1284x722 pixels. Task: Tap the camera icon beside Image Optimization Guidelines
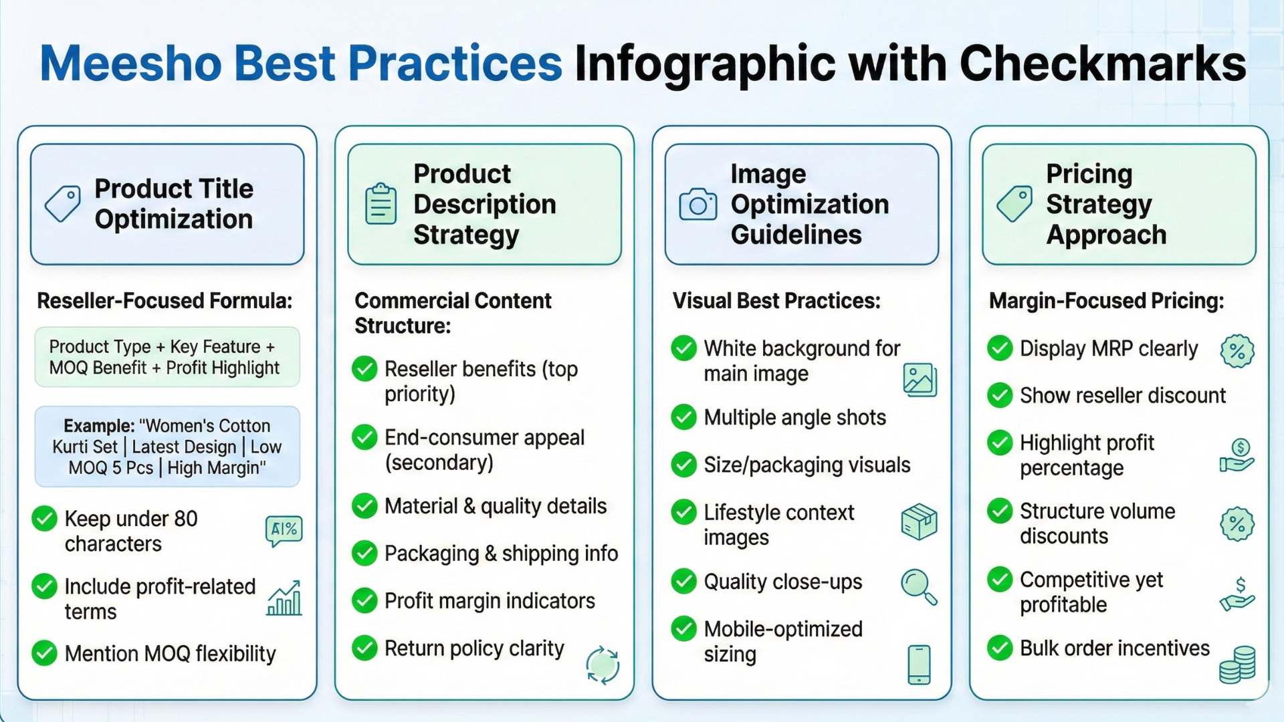(x=698, y=205)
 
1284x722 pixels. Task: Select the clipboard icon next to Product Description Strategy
(x=381, y=204)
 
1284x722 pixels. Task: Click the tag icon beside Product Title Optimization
(x=63, y=203)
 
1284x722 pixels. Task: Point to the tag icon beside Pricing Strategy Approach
(x=1014, y=203)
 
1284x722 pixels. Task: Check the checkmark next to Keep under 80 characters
(x=45, y=519)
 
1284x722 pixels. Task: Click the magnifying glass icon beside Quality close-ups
(x=918, y=586)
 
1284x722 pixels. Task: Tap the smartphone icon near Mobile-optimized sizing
(x=919, y=665)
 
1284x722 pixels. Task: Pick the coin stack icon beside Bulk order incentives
(x=1237, y=665)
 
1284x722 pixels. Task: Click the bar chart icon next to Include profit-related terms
(x=284, y=598)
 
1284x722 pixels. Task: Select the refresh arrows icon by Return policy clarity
(x=602, y=665)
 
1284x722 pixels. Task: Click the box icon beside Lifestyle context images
(x=919, y=522)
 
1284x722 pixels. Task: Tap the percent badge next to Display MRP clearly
(x=1237, y=351)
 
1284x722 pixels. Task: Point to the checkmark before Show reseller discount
(x=1000, y=396)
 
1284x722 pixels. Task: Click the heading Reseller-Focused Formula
(x=165, y=301)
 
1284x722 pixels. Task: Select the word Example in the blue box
(x=98, y=426)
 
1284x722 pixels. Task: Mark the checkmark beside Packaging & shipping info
(x=364, y=554)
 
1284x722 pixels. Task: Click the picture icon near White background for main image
(x=920, y=380)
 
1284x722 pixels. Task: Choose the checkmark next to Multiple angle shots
(x=683, y=417)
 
